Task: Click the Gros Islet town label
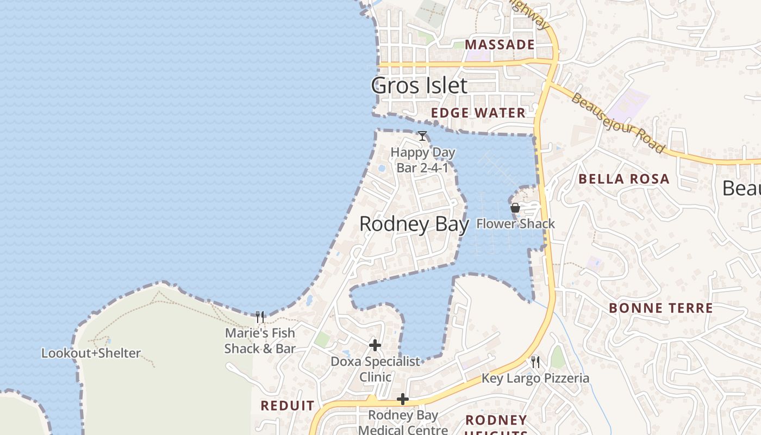tap(419, 85)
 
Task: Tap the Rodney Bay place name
tap(414, 224)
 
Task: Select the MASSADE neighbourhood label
tap(500, 45)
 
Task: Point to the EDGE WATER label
tap(478, 113)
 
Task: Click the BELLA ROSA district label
tap(623, 179)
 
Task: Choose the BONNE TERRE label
tap(660, 308)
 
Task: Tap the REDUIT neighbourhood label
tap(288, 406)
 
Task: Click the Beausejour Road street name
tap(617, 123)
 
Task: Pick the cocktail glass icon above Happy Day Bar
tap(422, 135)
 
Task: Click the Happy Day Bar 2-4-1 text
tap(423, 160)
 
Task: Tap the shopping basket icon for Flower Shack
tap(515, 208)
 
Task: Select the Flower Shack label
tap(515, 223)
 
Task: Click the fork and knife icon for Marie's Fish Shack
tap(260, 316)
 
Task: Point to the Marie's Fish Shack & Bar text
tap(260, 341)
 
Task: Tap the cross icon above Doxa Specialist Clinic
tap(375, 345)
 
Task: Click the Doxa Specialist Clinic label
tap(376, 369)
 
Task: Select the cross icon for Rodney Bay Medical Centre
tap(403, 400)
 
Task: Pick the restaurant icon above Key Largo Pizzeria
tap(535, 362)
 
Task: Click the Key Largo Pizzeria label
tap(535, 378)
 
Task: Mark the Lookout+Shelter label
tap(91, 353)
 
